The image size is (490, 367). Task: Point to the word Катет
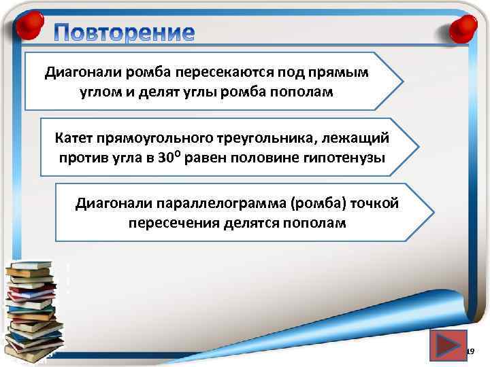pyautogui.click(x=77, y=139)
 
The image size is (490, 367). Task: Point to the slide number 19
pyautogui.click(x=469, y=351)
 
